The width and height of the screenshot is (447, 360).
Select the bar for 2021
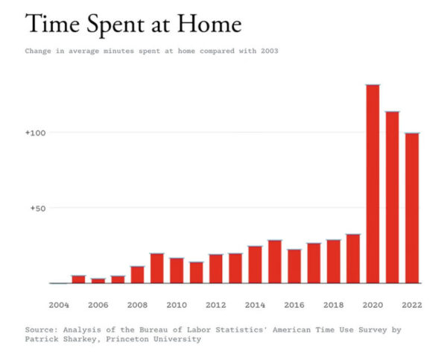tap(393, 198)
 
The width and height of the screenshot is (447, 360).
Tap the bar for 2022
tap(412, 209)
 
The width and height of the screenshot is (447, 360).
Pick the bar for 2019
tap(353, 259)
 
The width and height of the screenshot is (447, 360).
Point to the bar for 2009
tap(157, 268)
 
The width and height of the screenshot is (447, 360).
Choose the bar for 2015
tap(275, 262)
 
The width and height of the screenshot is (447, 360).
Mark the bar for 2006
tap(98, 281)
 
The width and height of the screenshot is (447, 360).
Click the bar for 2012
tap(216, 269)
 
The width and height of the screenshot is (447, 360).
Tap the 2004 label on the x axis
tap(59, 305)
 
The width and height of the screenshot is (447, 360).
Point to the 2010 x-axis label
tap(177, 305)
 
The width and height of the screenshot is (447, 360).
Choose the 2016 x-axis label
tap(294, 305)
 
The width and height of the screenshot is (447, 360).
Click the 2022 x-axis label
tap(412, 305)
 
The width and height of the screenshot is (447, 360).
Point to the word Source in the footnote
tap(41, 329)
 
